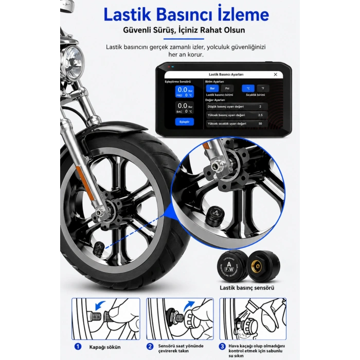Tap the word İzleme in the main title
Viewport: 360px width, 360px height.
coord(241,14)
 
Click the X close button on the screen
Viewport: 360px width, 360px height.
coord(275,75)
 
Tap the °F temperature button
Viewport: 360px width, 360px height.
coord(263,88)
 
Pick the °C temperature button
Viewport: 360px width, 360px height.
coord(248,88)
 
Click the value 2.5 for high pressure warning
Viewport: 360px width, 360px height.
coord(260,115)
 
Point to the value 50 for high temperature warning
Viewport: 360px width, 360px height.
coord(260,124)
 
